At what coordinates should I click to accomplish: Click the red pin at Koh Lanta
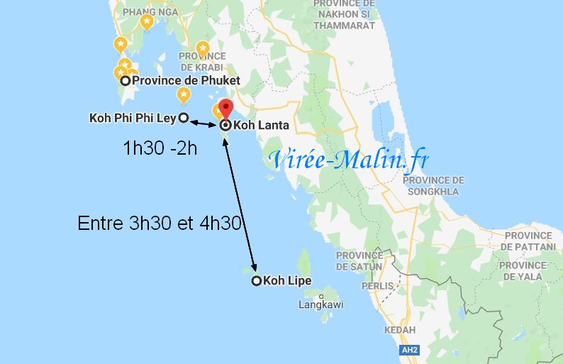click(225, 109)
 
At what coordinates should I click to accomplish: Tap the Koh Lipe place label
click(287, 281)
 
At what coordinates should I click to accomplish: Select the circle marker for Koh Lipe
click(256, 280)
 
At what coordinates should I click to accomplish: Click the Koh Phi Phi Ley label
click(132, 118)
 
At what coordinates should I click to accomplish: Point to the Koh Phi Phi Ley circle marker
click(183, 118)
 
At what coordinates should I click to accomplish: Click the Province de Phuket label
click(186, 81)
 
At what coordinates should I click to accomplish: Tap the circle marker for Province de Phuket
click(125, 81)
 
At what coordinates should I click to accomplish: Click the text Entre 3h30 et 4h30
click(160, 224)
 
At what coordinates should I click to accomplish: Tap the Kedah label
click(400, 331)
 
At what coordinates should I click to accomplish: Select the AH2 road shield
click(409, 350)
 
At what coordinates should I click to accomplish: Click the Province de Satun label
click(359, 261)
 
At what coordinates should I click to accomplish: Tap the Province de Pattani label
click(528, 241)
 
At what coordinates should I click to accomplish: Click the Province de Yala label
click(523, 271)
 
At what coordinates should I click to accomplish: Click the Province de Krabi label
click(202, 62)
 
